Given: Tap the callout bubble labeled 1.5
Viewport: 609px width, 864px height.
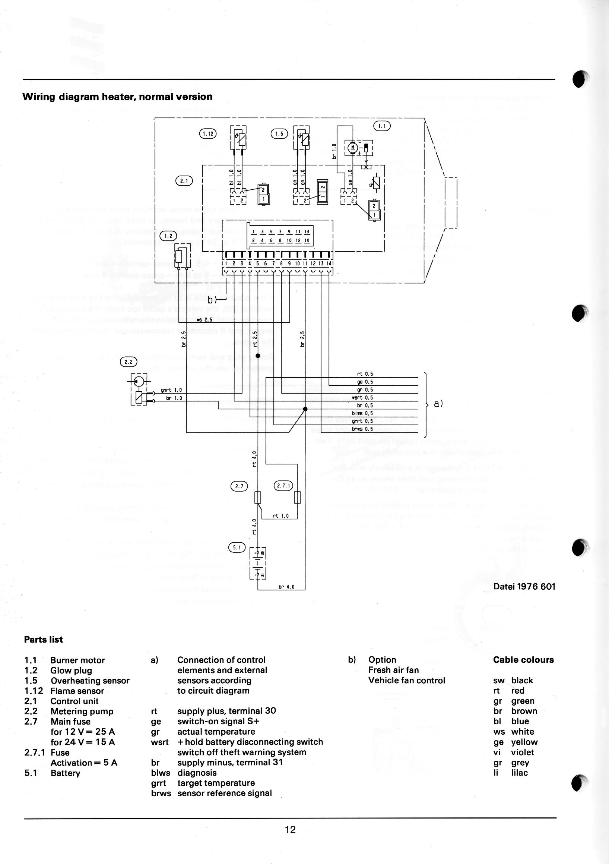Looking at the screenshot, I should [x=279, y=133].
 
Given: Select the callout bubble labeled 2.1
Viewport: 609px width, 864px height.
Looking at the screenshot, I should [x=184, y=181].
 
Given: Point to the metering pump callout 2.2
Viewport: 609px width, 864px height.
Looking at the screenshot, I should [x=128, y=362].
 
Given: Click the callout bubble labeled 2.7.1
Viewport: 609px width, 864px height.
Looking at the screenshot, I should [x=283, y=486].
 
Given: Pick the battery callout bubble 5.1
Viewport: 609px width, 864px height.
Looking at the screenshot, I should [x=237, y=547].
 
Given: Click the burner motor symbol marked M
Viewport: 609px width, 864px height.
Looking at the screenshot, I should [x=353, y=147].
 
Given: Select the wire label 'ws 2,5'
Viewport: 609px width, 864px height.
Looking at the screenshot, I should [x=204, y=319].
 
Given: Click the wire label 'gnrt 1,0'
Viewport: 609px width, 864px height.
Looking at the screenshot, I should [x=171, y=390].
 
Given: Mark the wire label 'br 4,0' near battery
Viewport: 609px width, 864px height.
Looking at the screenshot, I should [x=286, y=587].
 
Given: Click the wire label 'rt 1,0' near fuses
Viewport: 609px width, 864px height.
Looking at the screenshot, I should [x=280, y=516].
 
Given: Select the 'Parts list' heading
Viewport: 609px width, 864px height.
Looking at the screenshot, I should [x=43, y=639].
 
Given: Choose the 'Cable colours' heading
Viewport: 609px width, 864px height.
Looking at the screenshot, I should [x=523, y=660].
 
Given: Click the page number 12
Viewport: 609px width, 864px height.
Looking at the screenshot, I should [x=291, y=829].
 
